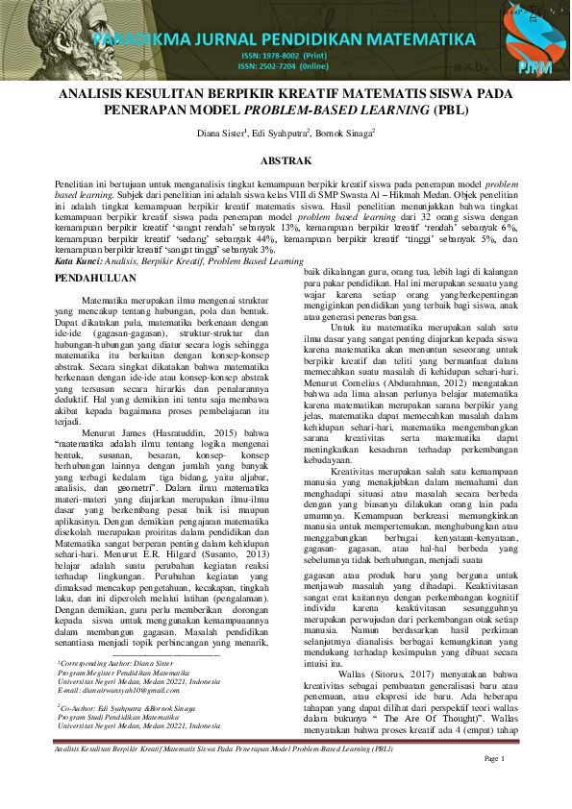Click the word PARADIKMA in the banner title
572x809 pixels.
click(x=144, y=39)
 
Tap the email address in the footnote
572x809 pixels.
click(x=120, y=663)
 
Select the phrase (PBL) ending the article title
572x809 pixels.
click(x=423, y=110)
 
